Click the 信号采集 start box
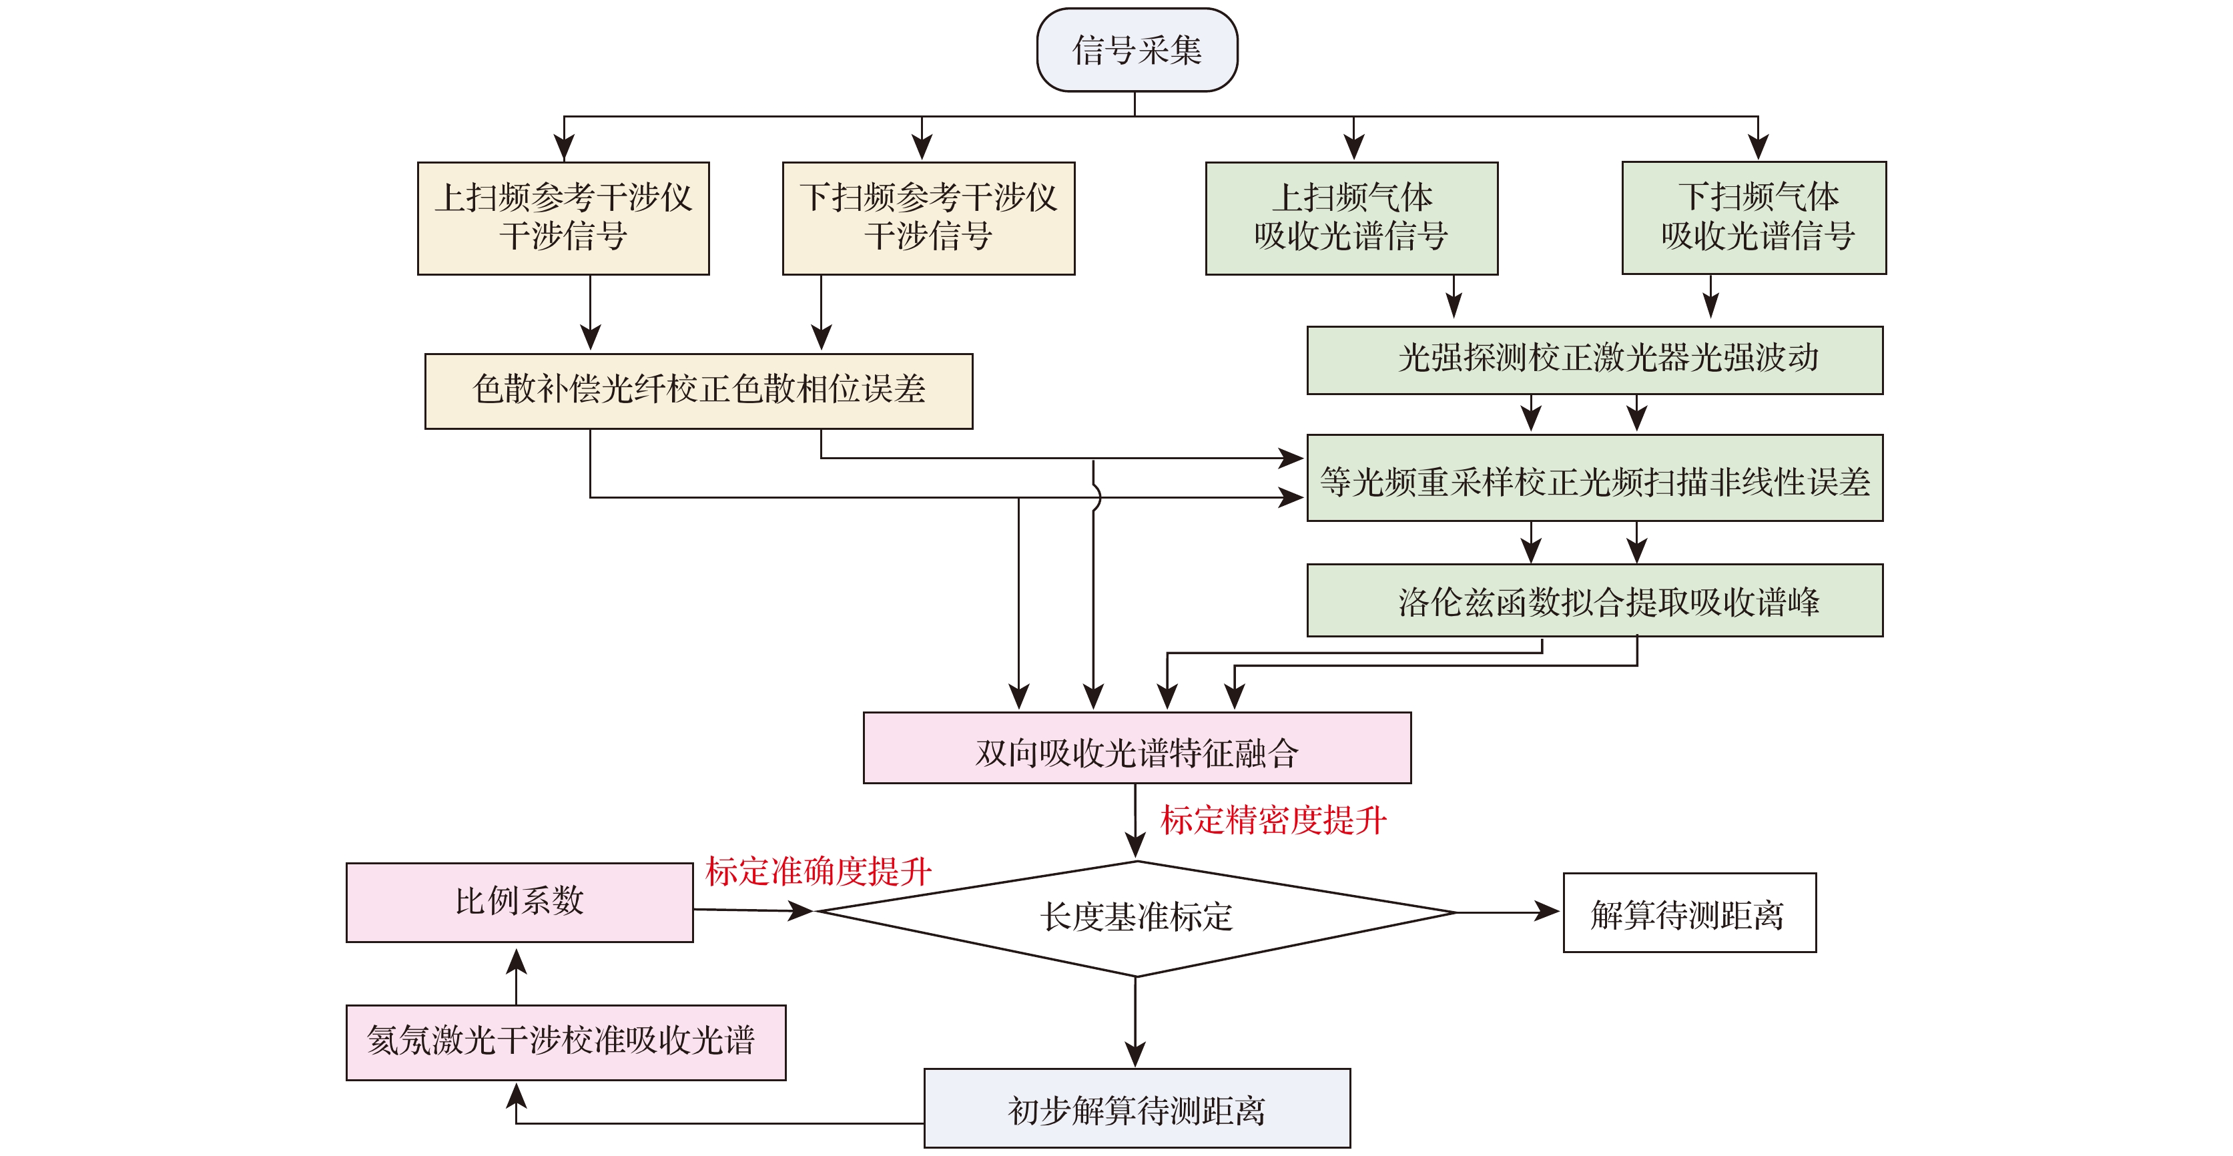[x=1137, y=50]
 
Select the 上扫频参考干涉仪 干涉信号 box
[x=563, y=218]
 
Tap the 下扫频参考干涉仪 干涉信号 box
[x=928, y=218]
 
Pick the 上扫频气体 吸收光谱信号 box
[x=1351, y=218]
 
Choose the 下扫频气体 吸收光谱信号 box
[x=1754, y=218]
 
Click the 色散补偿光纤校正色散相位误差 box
[x=699, y=391]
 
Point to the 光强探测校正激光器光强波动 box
[x=1594, y=360]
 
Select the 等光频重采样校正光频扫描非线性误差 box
[x=1594, y=478]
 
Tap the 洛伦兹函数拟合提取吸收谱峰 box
[x=1594, y=600]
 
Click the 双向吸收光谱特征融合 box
[x=1137, y=748]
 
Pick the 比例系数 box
[x=519, y=902]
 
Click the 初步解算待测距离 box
[x=1137, y=1109]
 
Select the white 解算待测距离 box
[x=1688, y=913]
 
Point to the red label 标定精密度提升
[x=1273, y=820]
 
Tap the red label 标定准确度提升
[x=818, y=872]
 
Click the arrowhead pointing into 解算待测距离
[x=1548, y=912]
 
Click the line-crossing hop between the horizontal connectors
[x=1096, y=498]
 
